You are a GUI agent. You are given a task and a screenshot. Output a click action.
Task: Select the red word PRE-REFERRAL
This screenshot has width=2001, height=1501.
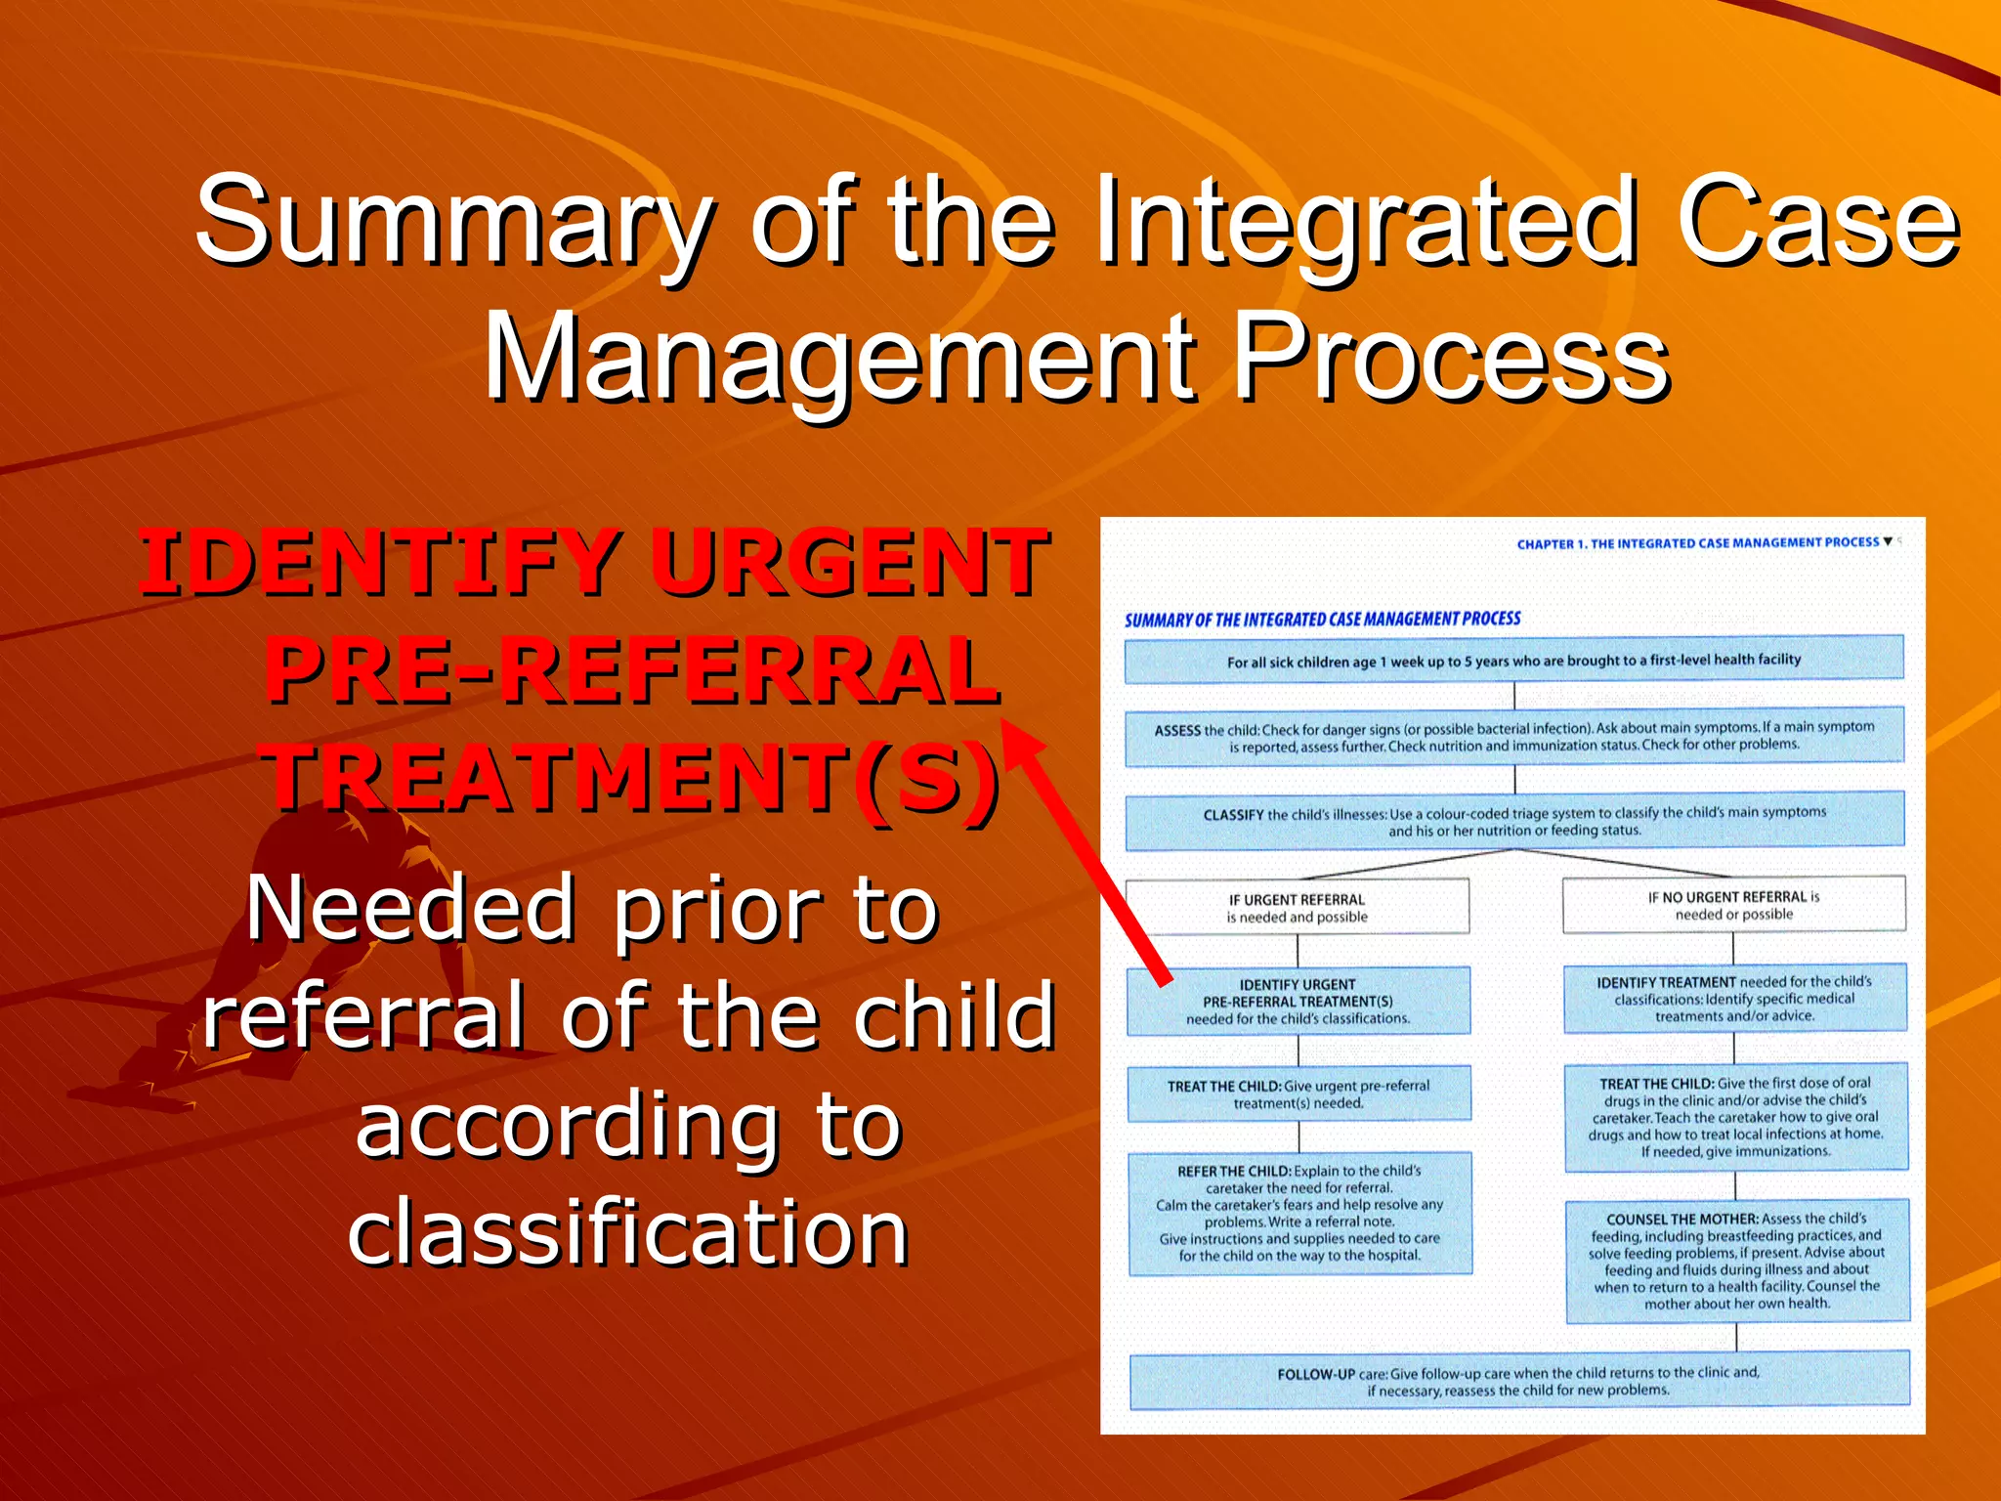(632, 671)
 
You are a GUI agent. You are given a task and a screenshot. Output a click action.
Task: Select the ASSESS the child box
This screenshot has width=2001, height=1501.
(1513, 736)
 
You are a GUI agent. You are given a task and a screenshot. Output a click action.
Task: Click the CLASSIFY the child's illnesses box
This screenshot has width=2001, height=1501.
(1513, 821)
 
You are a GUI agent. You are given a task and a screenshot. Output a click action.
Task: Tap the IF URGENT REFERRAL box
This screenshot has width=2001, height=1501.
(1297, 907)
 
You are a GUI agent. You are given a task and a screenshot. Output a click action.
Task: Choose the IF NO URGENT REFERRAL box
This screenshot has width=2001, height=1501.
(1733, 905)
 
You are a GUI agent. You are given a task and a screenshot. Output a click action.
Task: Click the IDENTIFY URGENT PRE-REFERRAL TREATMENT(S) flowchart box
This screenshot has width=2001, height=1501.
(1298, 1001)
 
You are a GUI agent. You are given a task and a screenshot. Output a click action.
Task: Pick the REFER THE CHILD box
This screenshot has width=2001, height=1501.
(1299, 1213)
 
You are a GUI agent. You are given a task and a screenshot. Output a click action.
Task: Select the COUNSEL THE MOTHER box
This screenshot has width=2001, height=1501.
(1736, 1261)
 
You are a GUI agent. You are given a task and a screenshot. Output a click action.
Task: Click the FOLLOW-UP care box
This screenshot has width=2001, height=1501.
(1518, 1380)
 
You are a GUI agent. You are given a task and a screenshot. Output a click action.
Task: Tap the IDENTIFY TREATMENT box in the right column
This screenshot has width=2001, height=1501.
(1734, 999)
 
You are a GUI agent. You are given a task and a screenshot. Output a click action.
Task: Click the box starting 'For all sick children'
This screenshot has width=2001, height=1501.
(1513, 661)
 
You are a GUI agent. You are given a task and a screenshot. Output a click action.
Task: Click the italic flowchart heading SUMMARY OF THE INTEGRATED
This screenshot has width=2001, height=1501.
(1322, 620)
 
